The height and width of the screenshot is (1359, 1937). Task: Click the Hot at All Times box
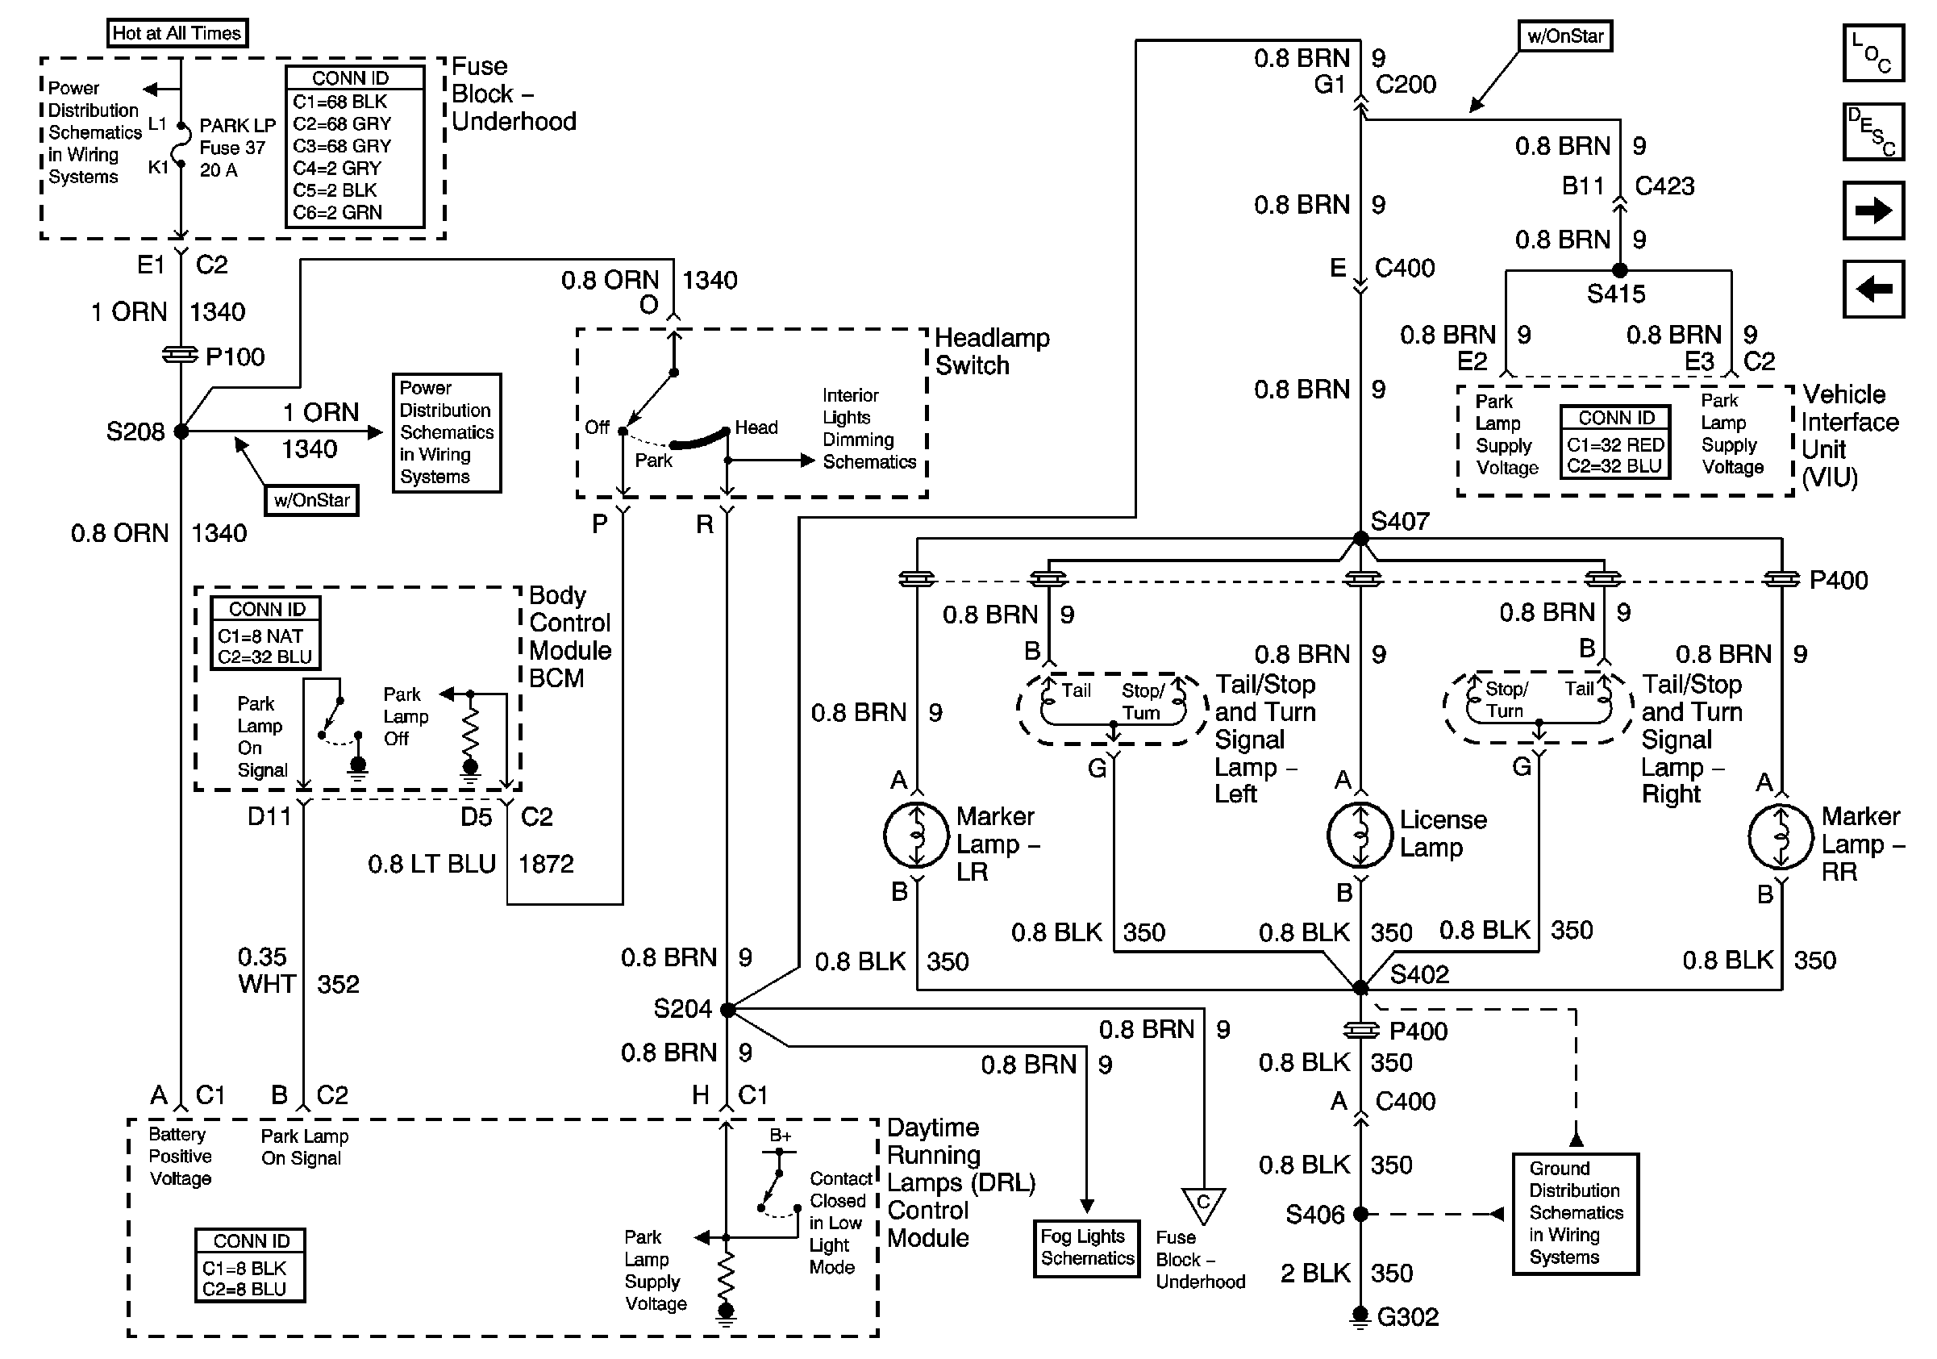(177, 33)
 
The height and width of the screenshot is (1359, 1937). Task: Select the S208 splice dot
(181, 431)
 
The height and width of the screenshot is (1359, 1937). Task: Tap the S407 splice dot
(1360, 538)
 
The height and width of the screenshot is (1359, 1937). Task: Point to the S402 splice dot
(1360, 987)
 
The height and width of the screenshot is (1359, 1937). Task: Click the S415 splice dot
(1619, 271)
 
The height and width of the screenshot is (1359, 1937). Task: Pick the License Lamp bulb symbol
(1360, 835)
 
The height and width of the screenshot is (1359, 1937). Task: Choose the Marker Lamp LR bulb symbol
(916, 835)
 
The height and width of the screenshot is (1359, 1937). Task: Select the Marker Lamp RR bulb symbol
(1781, 837)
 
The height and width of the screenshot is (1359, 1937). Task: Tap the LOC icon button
(1872, 53)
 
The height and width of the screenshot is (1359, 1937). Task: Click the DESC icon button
(1872, 131)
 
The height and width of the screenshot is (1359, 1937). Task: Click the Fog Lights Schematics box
(1086, 1248)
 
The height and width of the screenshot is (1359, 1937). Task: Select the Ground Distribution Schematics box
(1575, 1213)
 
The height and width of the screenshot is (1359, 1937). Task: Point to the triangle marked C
(1203, 1204)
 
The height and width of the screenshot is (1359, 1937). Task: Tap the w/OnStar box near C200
(1565, 36)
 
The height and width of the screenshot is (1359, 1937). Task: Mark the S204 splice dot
(727, 1009)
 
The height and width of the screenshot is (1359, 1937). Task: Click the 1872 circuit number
(546, 864)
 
